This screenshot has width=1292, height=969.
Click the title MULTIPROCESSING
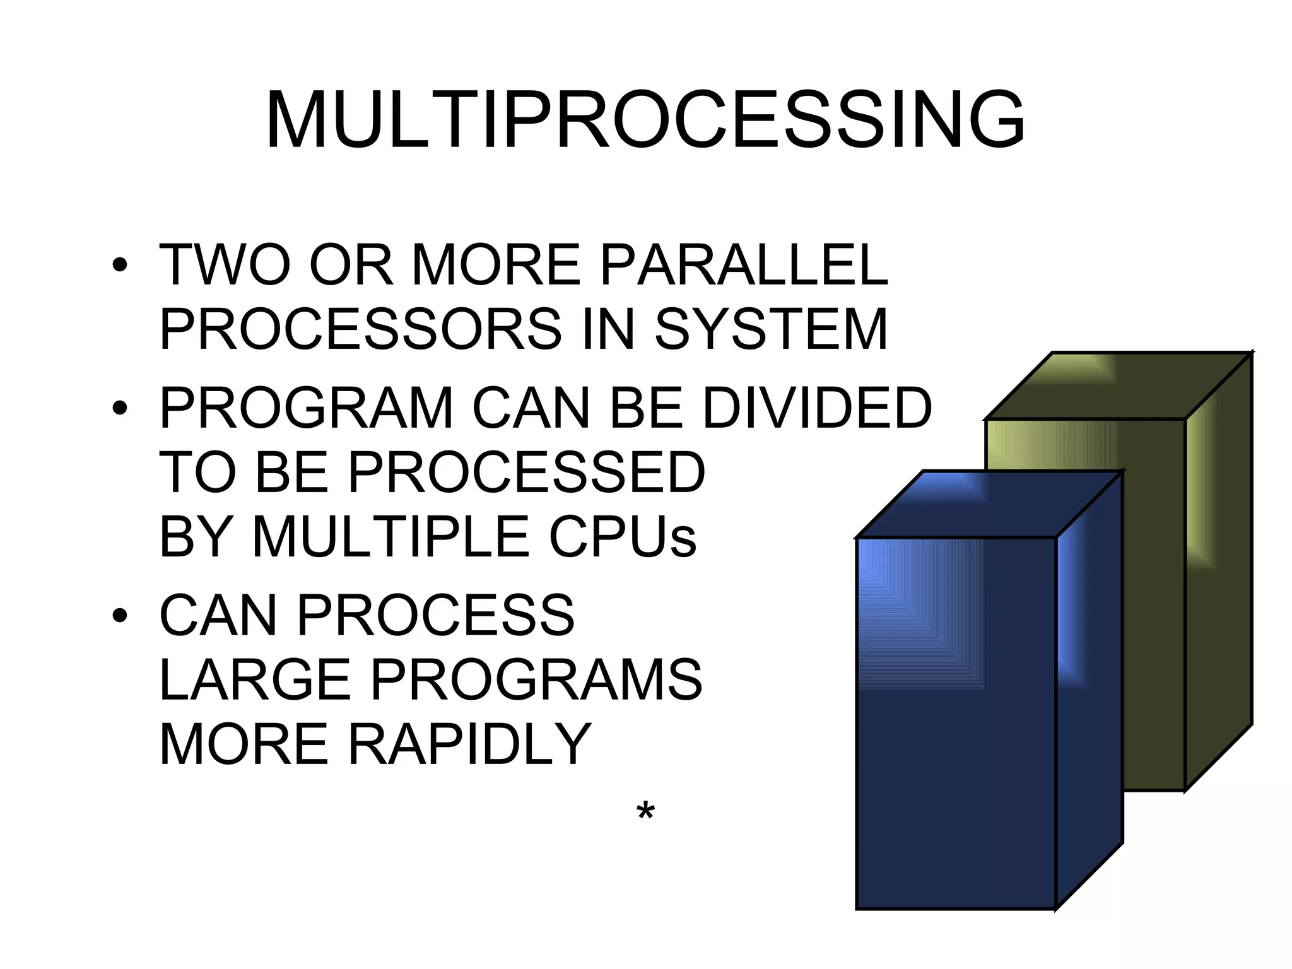(645, 120)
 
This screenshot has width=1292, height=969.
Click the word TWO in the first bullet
(225, 266)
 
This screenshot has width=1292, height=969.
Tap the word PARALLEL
(744, 266)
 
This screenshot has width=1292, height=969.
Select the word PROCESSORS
(360, 329)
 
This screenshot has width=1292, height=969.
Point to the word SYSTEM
(771, 329)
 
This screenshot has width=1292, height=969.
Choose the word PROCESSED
(526, 473)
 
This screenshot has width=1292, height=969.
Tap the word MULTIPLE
(391, 537)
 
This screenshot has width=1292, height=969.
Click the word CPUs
(623, 537)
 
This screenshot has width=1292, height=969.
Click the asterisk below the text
(645, 812)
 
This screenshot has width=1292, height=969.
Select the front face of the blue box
(956, 725)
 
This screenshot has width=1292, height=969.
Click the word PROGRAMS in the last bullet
(536, 680)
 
